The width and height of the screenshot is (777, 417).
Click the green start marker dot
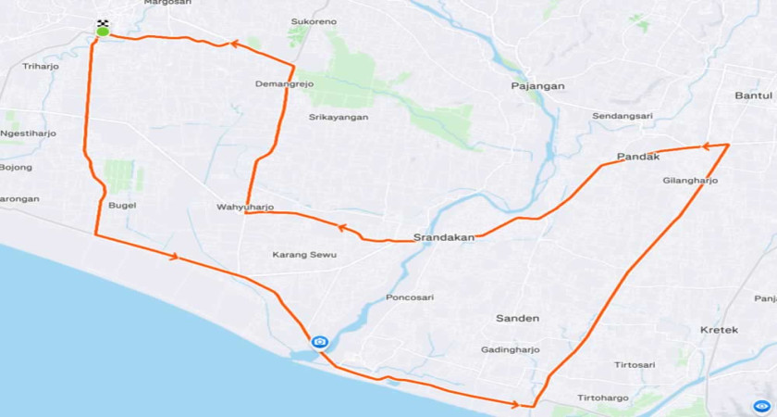click(x=103, y=32)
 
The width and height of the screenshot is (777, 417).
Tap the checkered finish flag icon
click(x=103, y=22)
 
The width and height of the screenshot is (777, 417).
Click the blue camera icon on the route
click(x=319, y=342)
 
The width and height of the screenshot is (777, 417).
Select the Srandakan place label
click(x=444, y=236)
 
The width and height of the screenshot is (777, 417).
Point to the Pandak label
click(x=637, y=157)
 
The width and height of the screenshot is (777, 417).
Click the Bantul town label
click(x=753, y=95)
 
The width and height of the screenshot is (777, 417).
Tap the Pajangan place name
click(x=537, y=86)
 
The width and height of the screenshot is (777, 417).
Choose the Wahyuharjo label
click(x=245, y=207)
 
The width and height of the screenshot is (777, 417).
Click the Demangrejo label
click(x=284, y=83)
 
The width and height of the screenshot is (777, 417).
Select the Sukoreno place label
click(x=314, y=20)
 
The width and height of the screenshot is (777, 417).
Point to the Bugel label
click(x=122, y=205)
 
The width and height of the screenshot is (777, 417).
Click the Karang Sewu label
click(x=304, y=254)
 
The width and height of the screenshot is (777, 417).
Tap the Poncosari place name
click(x=409, y=297)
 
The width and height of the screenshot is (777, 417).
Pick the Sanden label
click(x=517, y=318)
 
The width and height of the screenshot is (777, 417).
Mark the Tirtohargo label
click(x=603, y=398)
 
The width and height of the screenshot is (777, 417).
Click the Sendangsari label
click(x=623, y=116)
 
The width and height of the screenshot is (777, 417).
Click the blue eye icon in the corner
click(x=761, y=405)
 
